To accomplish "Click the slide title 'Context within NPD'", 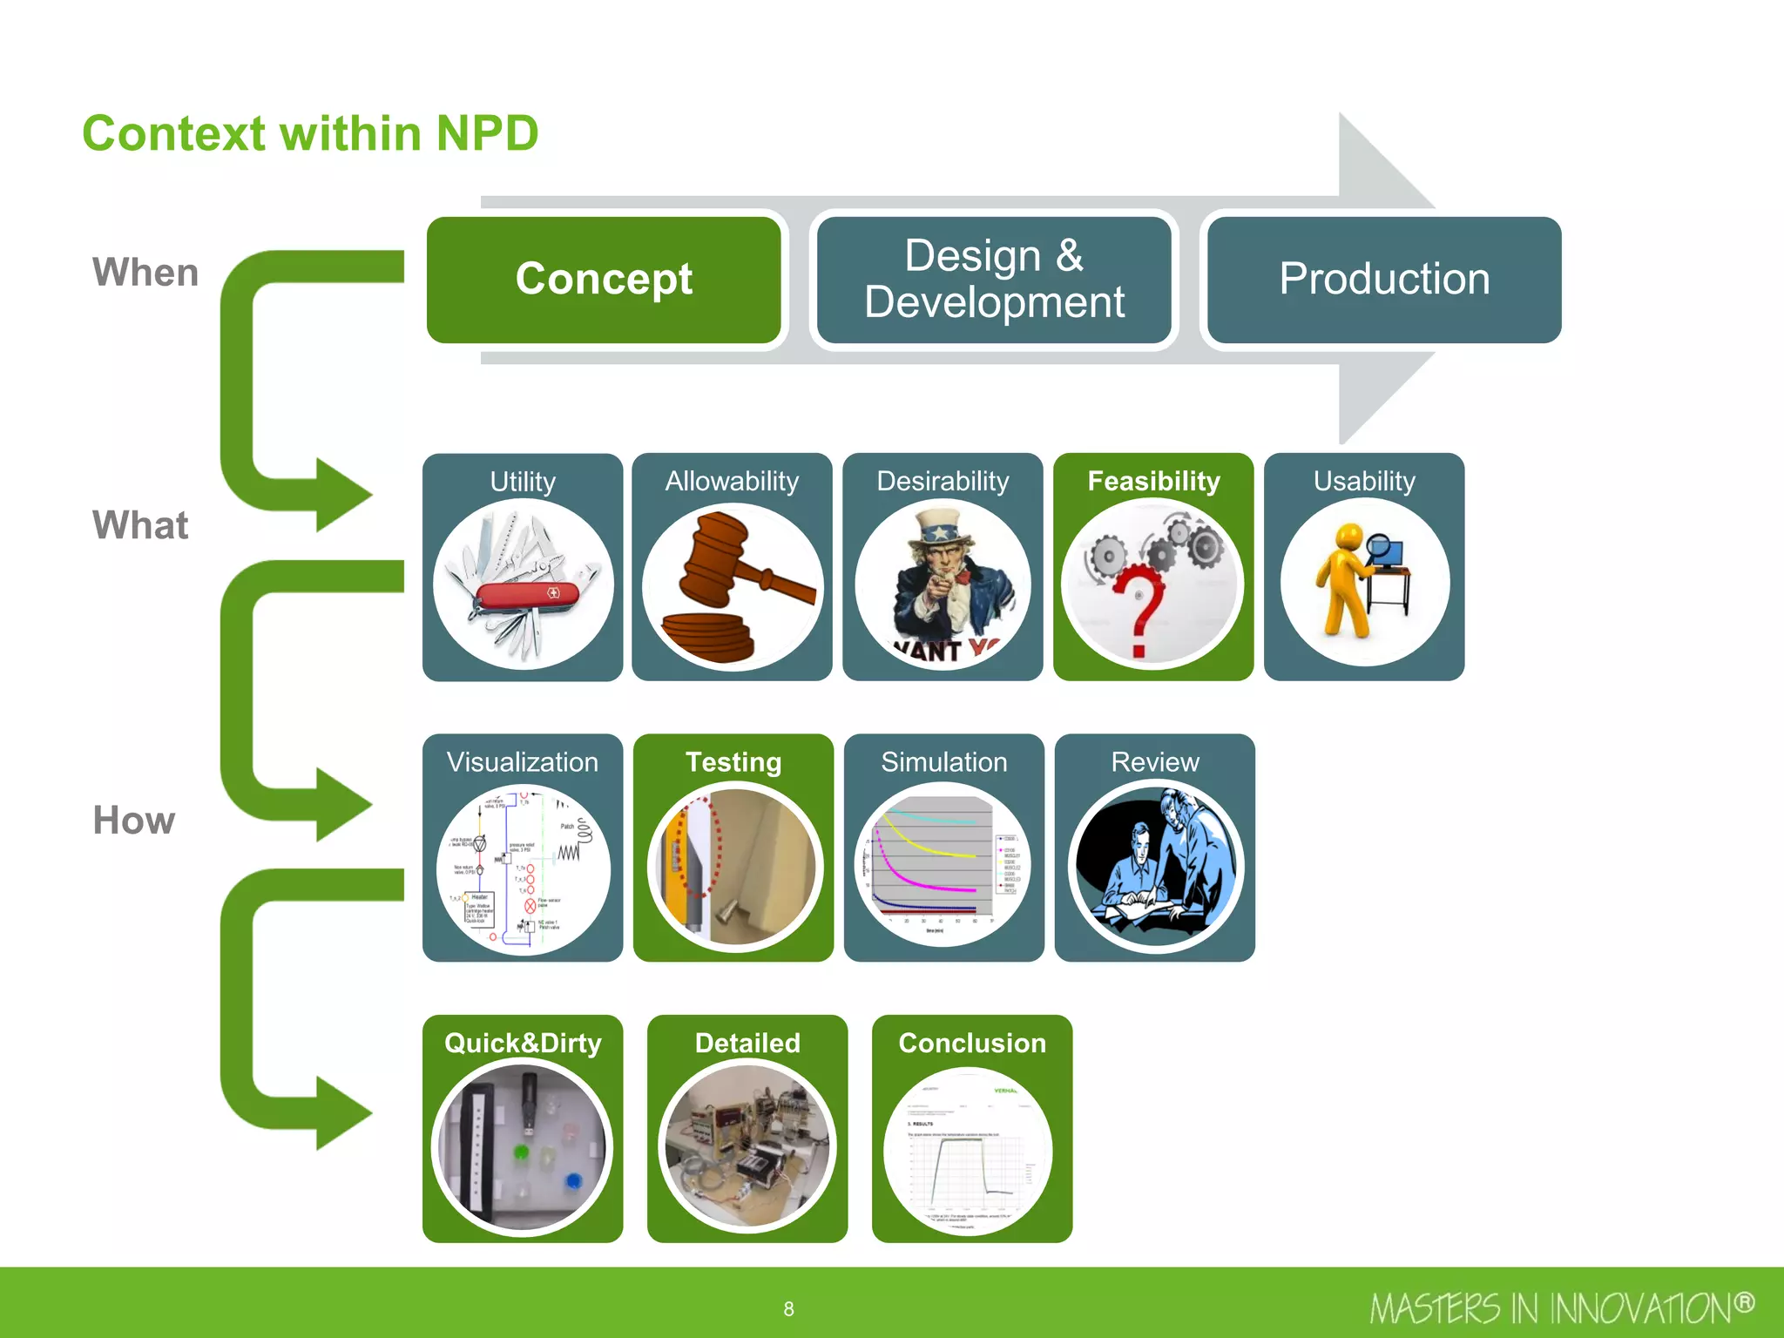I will [310, 134].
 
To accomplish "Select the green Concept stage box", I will [604, 280].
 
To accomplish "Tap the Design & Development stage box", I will [994, 280].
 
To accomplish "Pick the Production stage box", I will [1384, 280].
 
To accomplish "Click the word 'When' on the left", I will [145, 273].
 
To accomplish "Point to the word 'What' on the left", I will [140, 525].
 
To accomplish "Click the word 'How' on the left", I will [134, 821].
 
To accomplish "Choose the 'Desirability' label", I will [943, 481].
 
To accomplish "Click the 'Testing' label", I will [733, 762].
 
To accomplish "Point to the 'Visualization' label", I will [523, 762].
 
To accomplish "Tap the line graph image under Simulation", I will [943, 867].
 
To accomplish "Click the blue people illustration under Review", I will [1155, 867].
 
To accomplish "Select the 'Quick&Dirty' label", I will [523, 1043].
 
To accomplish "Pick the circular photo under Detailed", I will [747, 1145].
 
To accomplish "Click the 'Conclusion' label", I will [972, 1043].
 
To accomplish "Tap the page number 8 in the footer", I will [788, 1309].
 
